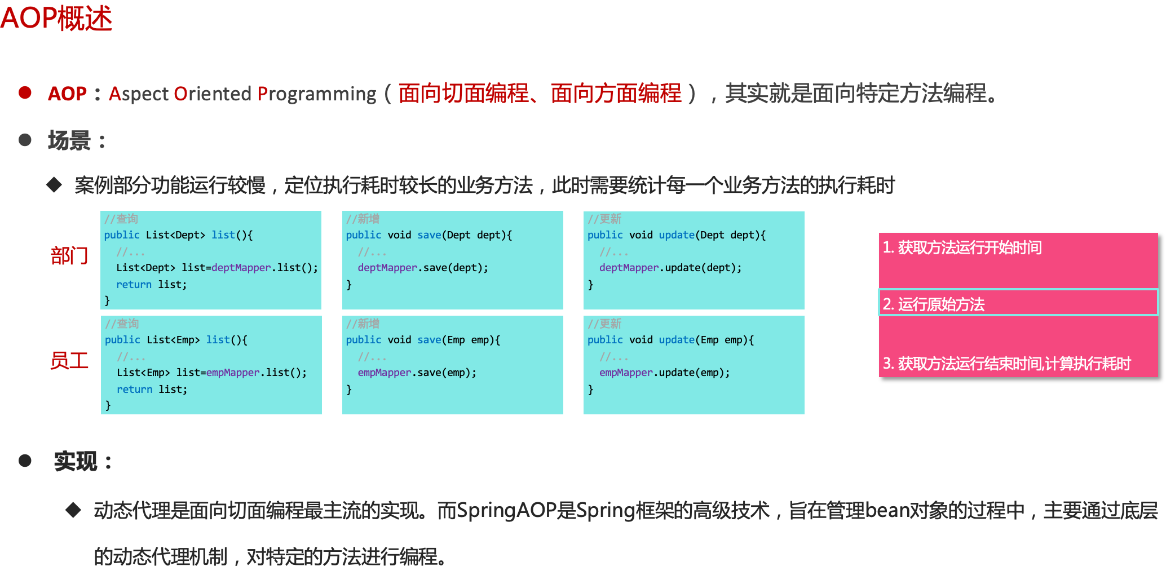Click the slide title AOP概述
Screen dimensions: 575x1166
56,18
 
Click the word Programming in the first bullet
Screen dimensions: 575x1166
317,94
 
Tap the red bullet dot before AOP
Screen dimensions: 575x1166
25,92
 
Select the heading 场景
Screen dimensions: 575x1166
69,140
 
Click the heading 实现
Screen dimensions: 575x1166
76,461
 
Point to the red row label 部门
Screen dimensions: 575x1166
69,256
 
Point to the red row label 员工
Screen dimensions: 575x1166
69,360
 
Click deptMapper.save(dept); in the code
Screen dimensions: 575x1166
423,268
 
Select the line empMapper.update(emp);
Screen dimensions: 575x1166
664,373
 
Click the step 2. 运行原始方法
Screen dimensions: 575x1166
934,304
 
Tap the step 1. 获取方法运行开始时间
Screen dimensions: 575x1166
962,247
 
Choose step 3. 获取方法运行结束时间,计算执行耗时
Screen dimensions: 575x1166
1006,364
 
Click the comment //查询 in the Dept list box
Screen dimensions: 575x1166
121,219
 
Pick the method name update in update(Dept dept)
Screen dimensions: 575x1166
677,235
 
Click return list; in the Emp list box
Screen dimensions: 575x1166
152,390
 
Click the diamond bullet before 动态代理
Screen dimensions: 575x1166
73,510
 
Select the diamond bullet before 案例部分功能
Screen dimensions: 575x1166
54,184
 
